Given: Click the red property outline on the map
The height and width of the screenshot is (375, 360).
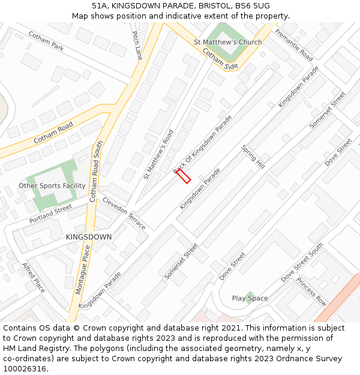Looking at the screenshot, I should [184, 176].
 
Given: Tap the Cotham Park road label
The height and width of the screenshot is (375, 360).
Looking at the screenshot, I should [46, 41].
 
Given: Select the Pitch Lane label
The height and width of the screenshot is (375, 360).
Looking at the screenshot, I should [137, 46].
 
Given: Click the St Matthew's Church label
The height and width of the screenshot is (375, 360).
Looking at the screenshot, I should [228, 42].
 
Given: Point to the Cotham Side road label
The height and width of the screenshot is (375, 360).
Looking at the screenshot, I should [220, 59].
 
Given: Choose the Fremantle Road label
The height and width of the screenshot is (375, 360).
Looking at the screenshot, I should [294, 44].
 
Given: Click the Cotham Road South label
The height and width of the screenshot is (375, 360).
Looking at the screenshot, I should [96, 170].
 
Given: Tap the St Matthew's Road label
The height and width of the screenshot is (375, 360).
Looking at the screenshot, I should [158, 154].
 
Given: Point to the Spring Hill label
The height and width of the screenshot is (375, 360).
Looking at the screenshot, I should [253, 157].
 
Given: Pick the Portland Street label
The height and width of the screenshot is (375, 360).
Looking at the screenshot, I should [50, 214].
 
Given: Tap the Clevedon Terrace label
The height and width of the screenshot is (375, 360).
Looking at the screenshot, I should [124, 213].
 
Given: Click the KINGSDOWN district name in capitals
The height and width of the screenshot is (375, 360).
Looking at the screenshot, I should [89, 237].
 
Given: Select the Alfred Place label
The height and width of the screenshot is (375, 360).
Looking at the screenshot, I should [34, 277].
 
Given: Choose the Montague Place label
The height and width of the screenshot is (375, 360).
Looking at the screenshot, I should [82, 272].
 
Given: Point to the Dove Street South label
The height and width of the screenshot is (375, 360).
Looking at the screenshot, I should [302, 262].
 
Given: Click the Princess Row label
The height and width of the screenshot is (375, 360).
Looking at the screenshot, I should [311, 291].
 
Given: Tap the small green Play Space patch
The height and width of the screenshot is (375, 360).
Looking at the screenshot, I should [249, 298].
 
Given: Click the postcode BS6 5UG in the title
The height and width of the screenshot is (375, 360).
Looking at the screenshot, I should [253, 6].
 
